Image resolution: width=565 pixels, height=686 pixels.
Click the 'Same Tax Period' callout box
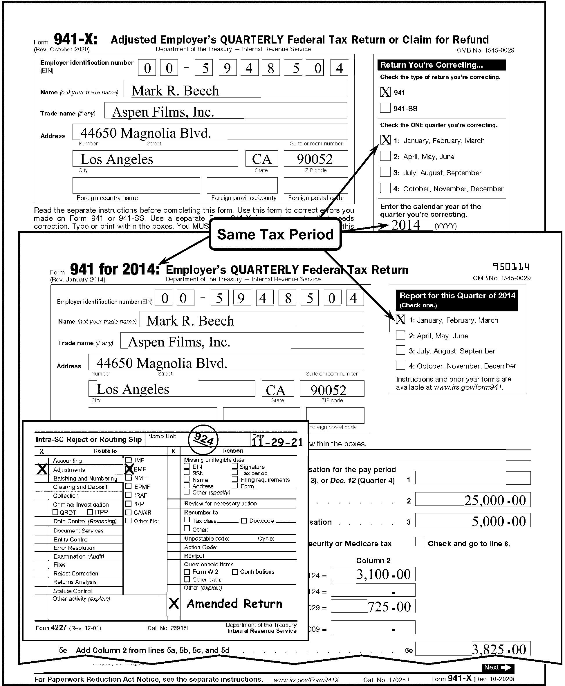pyautogui.click(x=275, y=234)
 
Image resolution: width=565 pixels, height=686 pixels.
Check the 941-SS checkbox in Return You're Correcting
pyautogui.click(x=385, y=108)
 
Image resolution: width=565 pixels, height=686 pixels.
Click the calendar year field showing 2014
pyautogui.click(x=406, y=225)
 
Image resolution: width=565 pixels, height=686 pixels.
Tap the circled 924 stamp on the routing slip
pyautogui.click(x=203, y=440)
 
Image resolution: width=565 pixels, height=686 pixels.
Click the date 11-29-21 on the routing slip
pyautogui.click(x=277, y=442)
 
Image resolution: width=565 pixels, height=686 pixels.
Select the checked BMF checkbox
pyautogui.click(x=129, y=469)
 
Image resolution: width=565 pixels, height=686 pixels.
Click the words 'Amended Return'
pyautogui.click(x=234, y=604)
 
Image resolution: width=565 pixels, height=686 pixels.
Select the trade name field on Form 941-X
pyautogui.click(x=225, y=111)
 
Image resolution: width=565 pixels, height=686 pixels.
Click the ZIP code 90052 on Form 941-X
pyautogui.click(x=315, y=159)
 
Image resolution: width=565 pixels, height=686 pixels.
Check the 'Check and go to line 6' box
pyautogui.click(x=420, y=542)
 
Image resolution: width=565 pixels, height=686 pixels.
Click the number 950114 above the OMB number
pyautogui.click(x=511, y=267)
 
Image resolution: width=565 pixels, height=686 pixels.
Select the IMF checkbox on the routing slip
pyautogui.click(x=129, y=460)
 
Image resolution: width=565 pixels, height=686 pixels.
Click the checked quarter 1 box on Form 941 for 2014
pyautogui.click(x=400, y=319)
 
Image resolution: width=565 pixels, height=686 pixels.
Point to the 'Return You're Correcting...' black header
pyautogui.click(x=441, y=65)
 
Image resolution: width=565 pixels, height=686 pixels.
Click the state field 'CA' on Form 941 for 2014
pyautogui.click(x=277, y=389)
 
